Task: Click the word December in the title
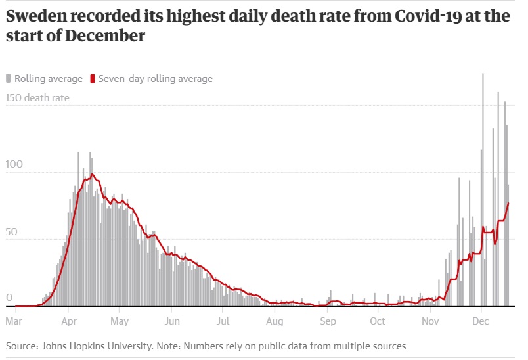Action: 105,36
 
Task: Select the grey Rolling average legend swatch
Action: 9,79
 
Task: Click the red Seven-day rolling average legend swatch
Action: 93,79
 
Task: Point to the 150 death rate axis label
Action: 38,99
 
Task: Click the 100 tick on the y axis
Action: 14,164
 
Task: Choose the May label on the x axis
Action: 119,321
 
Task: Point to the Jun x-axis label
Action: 171,321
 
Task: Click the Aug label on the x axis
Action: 275,321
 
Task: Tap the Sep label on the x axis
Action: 328,321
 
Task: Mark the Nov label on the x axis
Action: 430,321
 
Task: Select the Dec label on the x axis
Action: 481,321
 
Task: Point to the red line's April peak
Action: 93,174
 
